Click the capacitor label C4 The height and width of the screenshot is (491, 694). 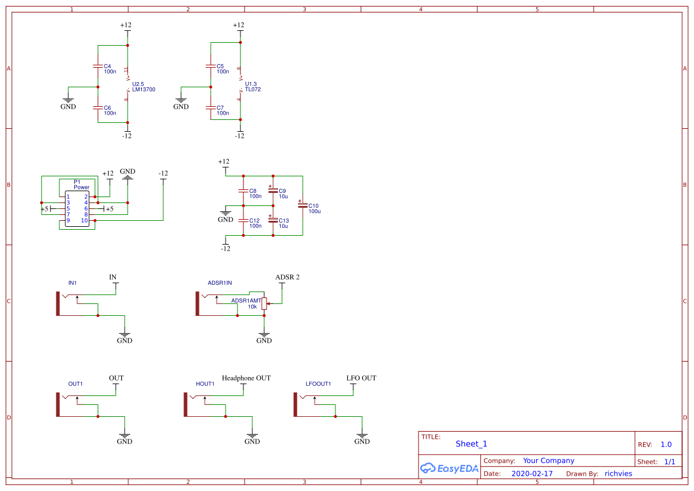107,66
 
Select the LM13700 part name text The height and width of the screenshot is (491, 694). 144,90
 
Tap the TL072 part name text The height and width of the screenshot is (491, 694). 253,90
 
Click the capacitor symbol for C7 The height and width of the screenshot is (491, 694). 210,108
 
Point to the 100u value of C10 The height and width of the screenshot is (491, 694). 315,211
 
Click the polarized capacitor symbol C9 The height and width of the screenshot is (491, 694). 272,191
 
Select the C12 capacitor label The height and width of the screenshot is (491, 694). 255,220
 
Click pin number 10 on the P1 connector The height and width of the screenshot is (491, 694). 84,221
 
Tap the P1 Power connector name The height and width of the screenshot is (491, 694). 81,185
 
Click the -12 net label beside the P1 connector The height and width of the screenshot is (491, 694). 163,173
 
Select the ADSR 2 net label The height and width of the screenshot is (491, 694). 287,277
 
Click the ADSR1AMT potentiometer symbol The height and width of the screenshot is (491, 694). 264,303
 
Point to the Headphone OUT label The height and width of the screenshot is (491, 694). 246,378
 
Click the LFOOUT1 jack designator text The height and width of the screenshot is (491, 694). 318,384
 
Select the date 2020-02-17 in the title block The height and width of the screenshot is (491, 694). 531,474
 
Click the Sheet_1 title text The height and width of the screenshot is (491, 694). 471,444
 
